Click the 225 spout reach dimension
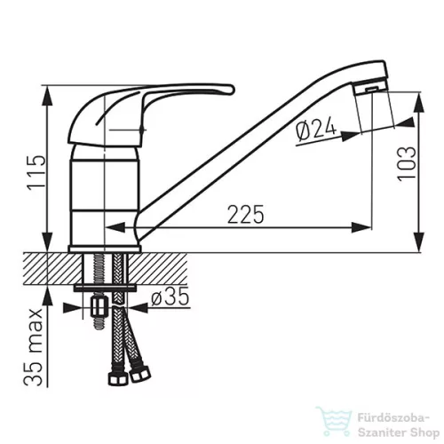click(x=245, y=214)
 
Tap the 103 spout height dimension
click(x=407, y=163)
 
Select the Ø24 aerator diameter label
click(x=316, y=130)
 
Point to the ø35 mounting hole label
click(x=170, y=297)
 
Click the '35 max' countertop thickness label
click(x=33, y=347)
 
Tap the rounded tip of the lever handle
click(x=230, y=90)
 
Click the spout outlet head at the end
click(x=370, y=77)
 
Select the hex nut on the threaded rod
click(x=98, y=307)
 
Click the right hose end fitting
click(x=140, y=374)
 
